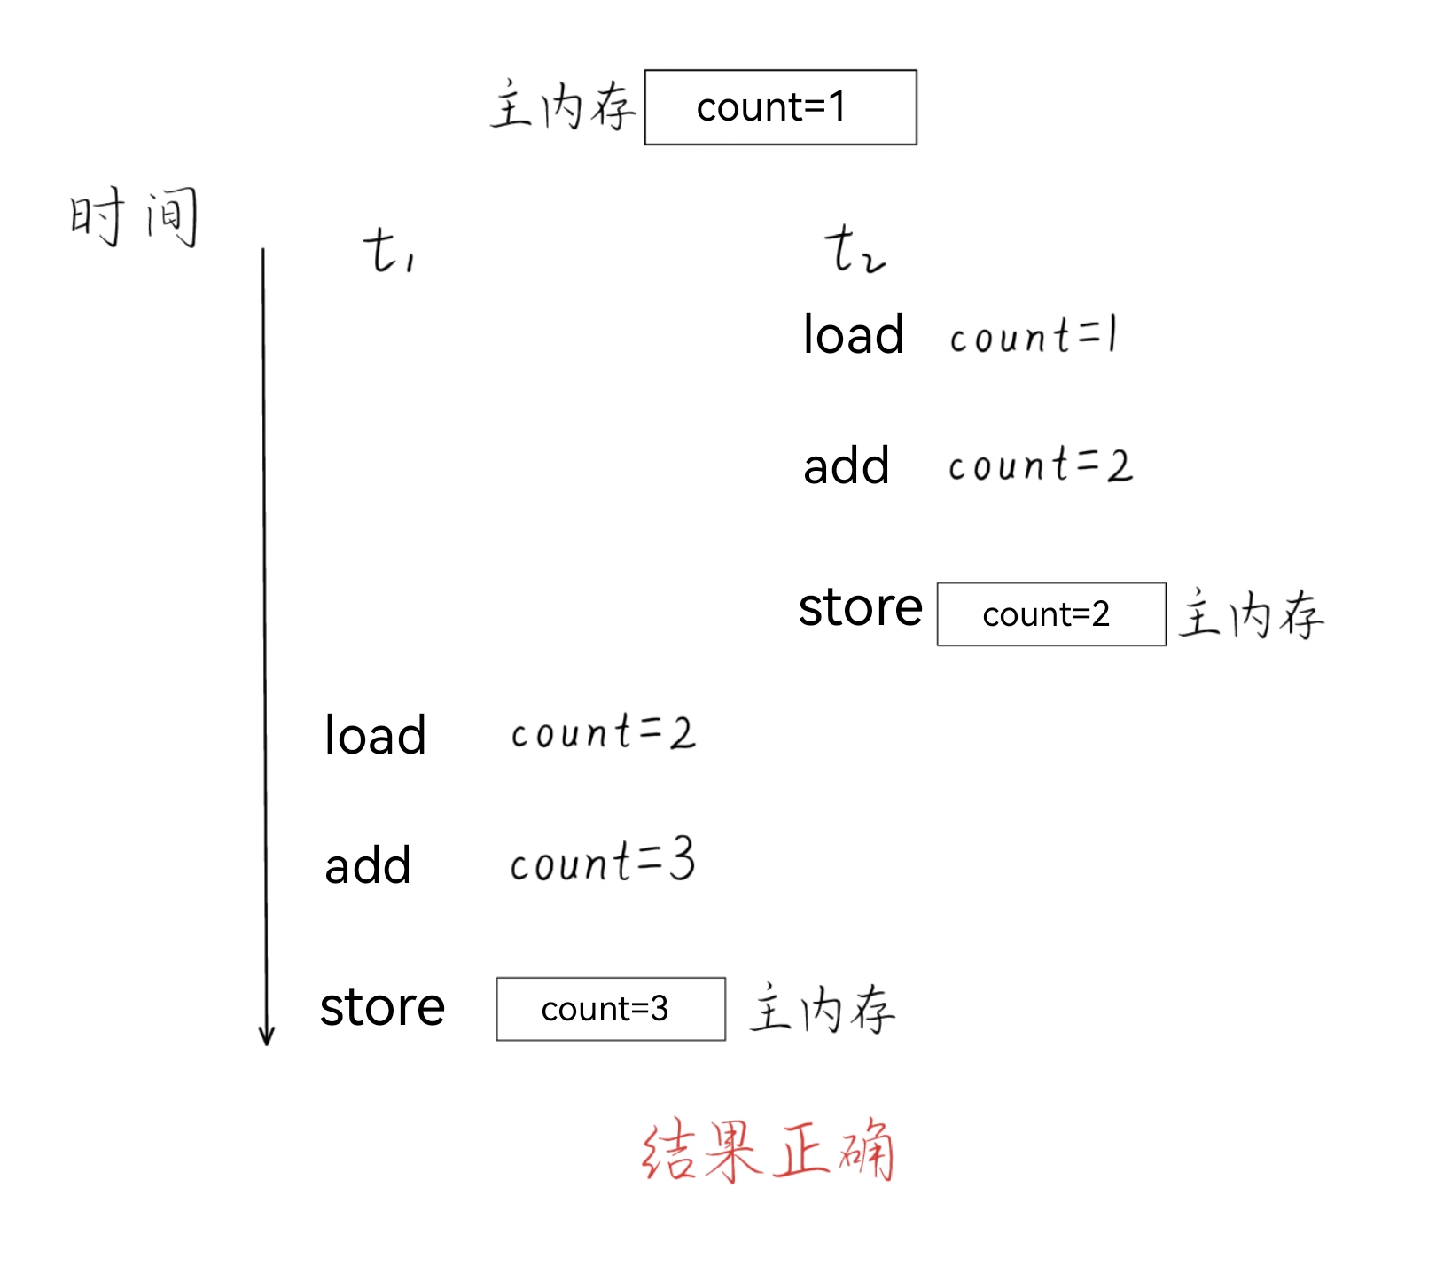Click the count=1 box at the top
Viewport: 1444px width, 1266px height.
pos(780,107)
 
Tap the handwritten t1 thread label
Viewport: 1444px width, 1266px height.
pos(388,250)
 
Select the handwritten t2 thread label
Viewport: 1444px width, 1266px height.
pos(853,249)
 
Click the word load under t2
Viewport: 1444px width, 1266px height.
pos(853,335)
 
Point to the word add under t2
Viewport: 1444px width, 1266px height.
pos(846,466)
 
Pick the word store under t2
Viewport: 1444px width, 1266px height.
pos(860,607)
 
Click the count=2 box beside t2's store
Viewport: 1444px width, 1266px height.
pos(1050,614)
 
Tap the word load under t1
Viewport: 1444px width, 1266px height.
pos(375,735)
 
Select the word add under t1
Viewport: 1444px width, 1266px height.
pos(368,866)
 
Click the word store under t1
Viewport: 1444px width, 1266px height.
pos(382,1007)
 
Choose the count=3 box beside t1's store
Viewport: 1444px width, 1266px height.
pos(611,1009)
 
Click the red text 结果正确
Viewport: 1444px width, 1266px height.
pos(768,1151)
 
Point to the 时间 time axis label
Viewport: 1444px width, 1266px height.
pos(134,216)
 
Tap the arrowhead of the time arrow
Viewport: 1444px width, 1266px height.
pos(266,1035)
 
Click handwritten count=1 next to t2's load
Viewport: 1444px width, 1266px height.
pos(1033,336)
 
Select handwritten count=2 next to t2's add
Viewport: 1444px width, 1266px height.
pos(1040,465)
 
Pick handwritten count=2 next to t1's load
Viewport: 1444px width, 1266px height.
pos(603,733)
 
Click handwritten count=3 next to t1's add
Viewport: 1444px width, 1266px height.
pos(603,862)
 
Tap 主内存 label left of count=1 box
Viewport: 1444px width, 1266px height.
pos(563,106)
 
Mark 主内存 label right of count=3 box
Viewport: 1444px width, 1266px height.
pos(822,1009)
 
